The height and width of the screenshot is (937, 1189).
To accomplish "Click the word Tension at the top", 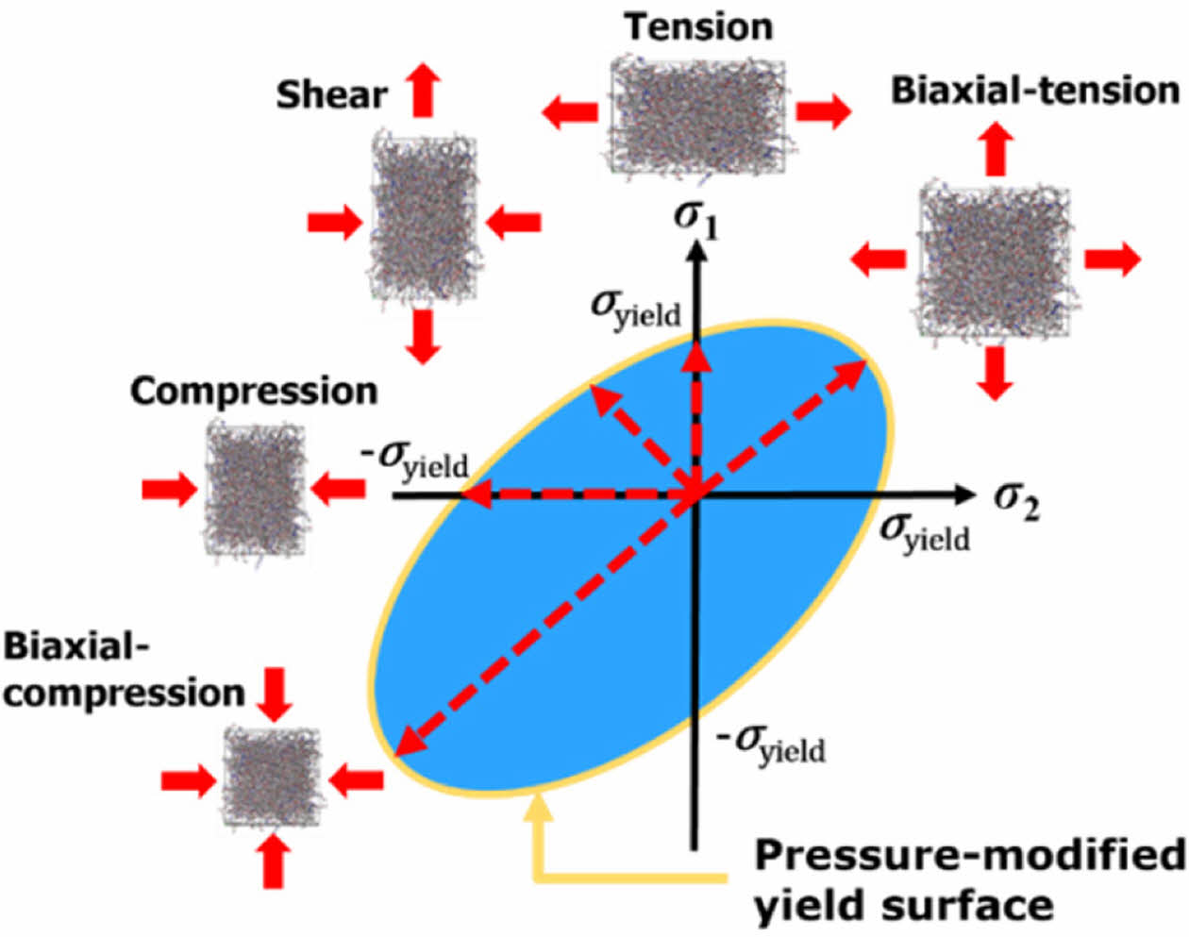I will tap(697, 26).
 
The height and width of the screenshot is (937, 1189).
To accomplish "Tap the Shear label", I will tap(331, 94).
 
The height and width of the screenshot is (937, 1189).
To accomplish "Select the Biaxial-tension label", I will tap(1035, 91).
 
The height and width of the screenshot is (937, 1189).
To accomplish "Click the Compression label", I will tap(254, 391).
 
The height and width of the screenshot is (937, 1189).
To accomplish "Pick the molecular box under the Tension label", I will tap(697, 116).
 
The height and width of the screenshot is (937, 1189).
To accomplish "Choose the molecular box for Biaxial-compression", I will tap(273, 778).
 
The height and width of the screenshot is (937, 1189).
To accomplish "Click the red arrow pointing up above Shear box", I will tap(424, 89).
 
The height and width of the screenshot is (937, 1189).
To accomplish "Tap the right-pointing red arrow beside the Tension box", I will tap(823, 111).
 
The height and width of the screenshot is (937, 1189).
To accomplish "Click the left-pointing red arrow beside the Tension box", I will tap(569, 112).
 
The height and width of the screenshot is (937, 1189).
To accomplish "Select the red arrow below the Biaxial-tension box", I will tap(996, 373).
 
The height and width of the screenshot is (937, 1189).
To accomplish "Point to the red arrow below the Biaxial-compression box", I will tap(274, 862).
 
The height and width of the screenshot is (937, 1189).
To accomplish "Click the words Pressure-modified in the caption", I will tap(970, 856).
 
